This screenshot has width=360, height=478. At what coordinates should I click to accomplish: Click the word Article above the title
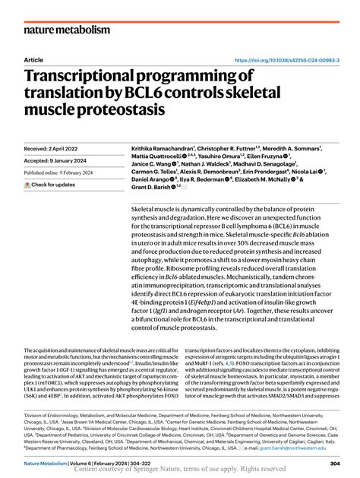(33, 59)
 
